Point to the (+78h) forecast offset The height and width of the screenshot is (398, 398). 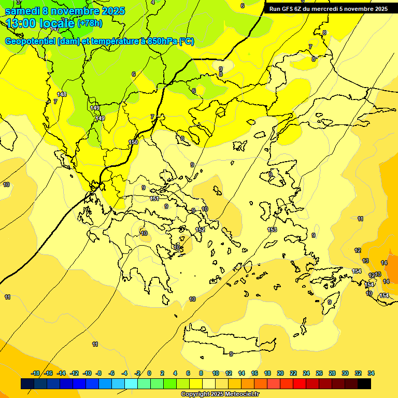90,23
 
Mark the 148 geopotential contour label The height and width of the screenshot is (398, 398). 62,94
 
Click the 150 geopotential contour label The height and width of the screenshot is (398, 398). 133,142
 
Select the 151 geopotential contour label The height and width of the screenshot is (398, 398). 154,198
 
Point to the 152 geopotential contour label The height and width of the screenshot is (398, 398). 200,230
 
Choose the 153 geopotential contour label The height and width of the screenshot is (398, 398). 272,230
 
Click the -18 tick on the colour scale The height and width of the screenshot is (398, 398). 36,373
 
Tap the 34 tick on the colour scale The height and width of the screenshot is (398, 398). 371,373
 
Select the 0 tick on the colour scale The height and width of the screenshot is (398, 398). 149,373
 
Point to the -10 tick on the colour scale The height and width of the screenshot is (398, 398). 87,373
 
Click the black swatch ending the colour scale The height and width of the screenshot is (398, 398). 364,384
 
